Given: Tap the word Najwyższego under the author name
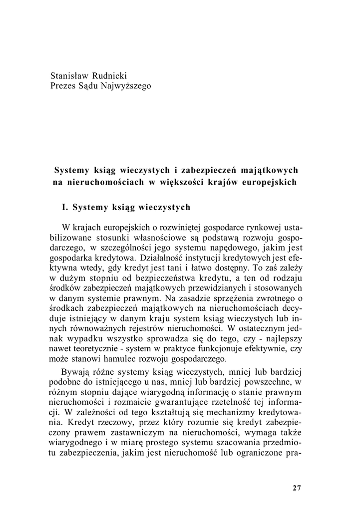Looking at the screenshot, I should tap(124, 86).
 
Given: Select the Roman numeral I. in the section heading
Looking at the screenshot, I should tap(65, 206).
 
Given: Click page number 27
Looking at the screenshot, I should tap(297, 488).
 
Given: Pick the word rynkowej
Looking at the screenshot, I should tap(264, 228).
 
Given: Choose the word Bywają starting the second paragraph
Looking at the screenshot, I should tap(75, 372).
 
